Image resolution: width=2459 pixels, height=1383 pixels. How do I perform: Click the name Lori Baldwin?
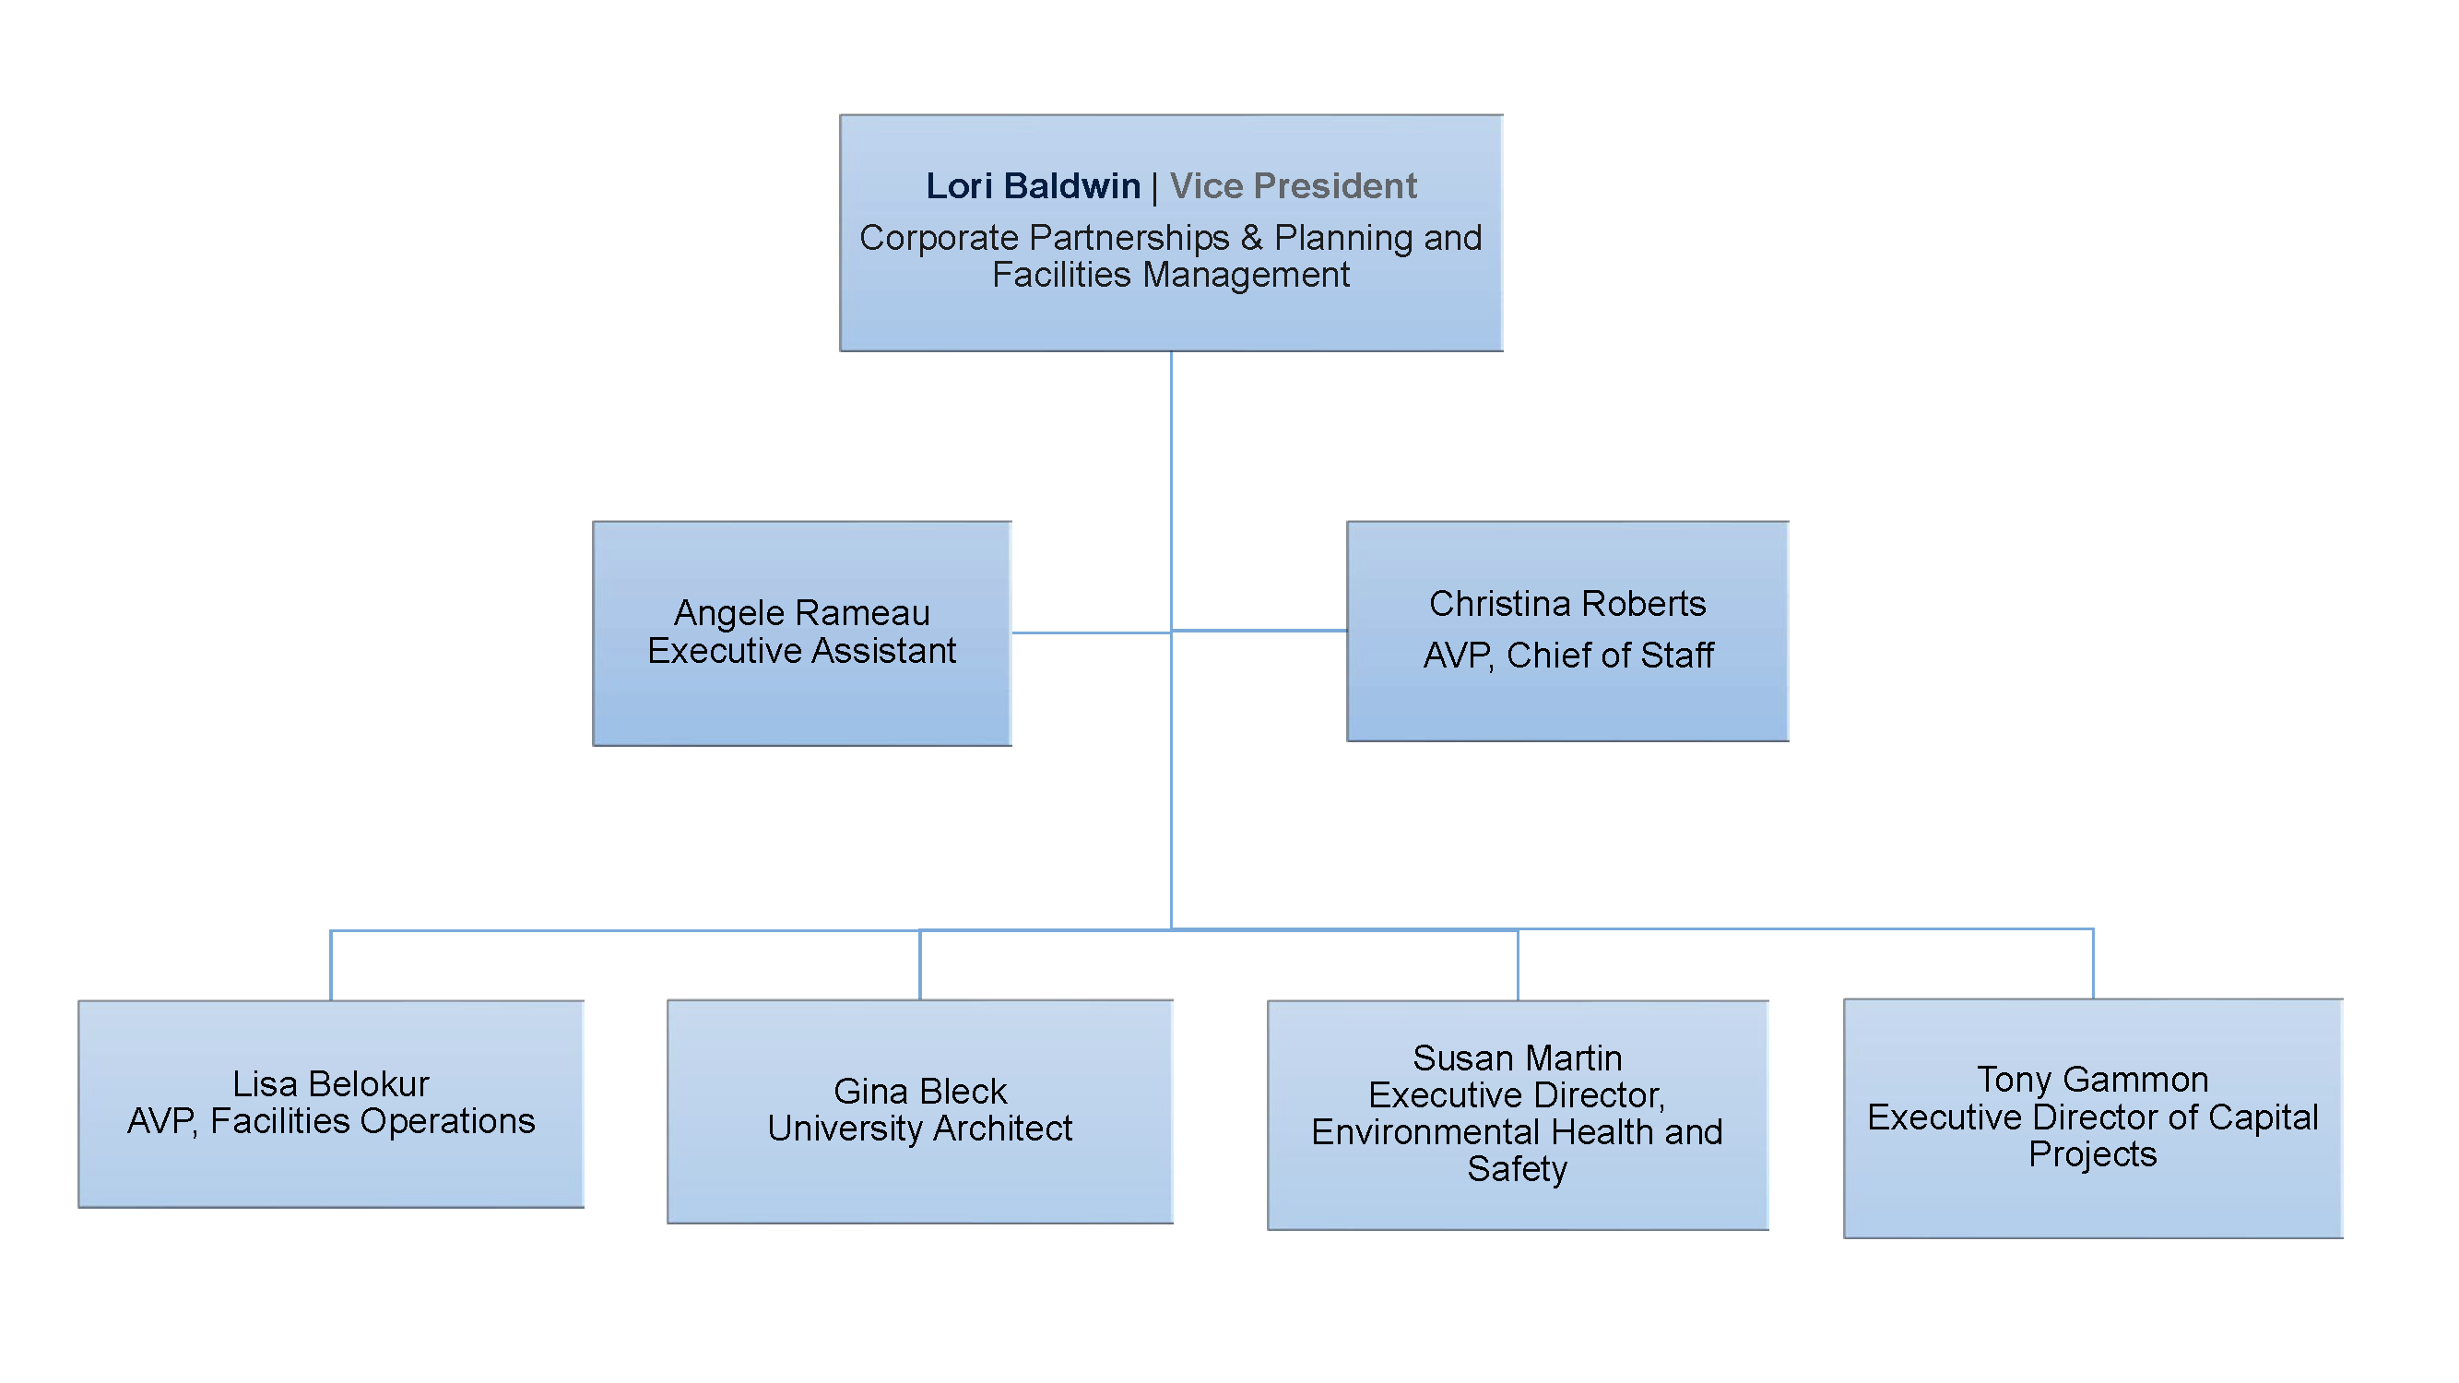pos(1033,186)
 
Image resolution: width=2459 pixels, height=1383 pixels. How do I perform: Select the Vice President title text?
pos(1293,186)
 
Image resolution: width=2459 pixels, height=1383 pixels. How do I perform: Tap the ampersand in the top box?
pos(1251,238)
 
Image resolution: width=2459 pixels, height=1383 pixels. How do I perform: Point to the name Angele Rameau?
pos(801,613)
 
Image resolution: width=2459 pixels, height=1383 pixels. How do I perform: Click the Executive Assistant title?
pos(801,651)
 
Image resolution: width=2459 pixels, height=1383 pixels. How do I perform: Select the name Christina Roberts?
pos(1566,604)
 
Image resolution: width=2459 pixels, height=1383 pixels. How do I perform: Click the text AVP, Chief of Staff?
pos(1567,656)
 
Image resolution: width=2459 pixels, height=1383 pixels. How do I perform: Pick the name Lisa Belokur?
pos(330,1084)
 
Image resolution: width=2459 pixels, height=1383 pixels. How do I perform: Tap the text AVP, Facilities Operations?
pos(330,1121)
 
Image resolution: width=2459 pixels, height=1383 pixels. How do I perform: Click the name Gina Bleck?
pos(919,1091)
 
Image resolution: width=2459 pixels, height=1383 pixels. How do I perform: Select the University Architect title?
pos(919,1129)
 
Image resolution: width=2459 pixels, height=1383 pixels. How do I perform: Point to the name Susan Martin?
pos(1517,1058)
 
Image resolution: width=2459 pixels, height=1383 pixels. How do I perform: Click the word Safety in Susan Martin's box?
pos(1517,1169)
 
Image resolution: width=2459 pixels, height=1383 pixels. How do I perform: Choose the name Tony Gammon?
pos(2092,1080)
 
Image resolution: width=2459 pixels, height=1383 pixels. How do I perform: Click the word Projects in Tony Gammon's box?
pos(2092,1155)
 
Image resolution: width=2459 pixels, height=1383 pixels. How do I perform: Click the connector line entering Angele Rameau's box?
pos(1088,632)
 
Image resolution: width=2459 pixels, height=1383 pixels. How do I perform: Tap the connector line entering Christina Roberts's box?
pos(1260,630)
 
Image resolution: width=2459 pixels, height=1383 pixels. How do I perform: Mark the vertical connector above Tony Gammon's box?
pos(2093,964)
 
